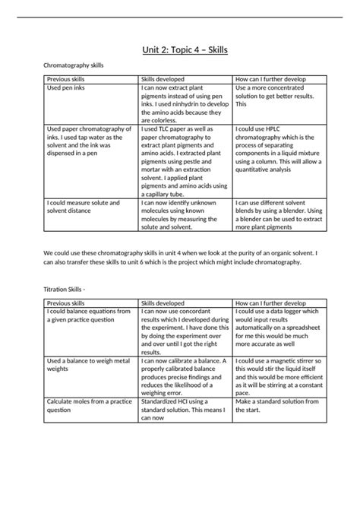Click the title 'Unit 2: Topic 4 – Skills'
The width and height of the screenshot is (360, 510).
pos(180,50)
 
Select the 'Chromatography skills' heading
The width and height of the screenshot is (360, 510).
pos(73,66)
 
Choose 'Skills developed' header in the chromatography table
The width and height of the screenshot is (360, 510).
pos(163,79)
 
